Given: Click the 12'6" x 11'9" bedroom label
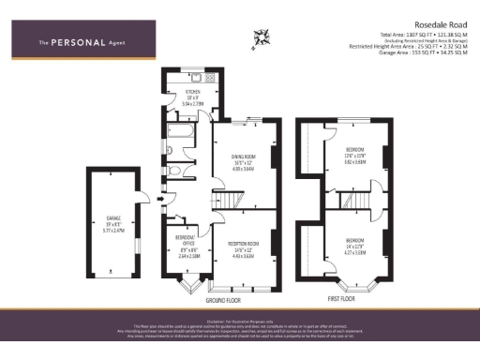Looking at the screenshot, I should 354,155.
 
